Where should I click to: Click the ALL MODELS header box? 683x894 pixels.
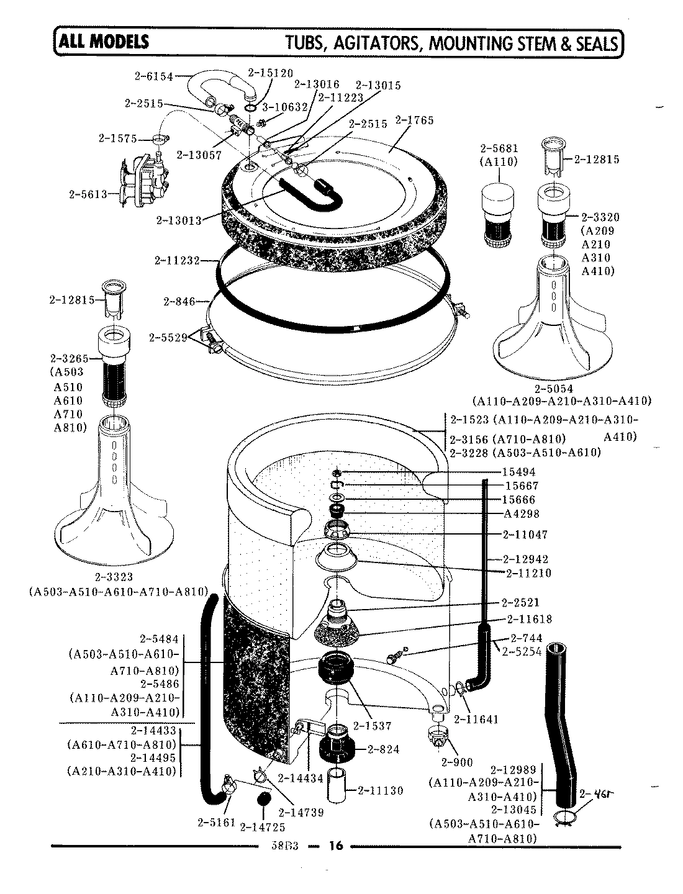(x=103, y=42)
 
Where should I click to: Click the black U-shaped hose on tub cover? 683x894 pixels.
(x=310, y=192)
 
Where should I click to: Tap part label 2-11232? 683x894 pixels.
(x=177, y=260)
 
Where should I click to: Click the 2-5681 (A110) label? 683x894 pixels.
(x=499, y=155)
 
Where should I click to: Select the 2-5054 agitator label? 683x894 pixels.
(x=561, y=389)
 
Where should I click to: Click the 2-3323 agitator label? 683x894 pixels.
(x=115, y=577)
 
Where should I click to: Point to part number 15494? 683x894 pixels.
(x=520, y=472)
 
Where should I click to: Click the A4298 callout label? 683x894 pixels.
(x=522, y=513)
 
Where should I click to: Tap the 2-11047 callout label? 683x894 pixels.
(x=525, y=534)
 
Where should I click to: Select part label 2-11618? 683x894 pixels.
(x=529, y=619)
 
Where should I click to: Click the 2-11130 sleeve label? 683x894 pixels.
(x=381, y=790)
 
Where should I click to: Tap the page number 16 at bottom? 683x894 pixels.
(x=336, y=846)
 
